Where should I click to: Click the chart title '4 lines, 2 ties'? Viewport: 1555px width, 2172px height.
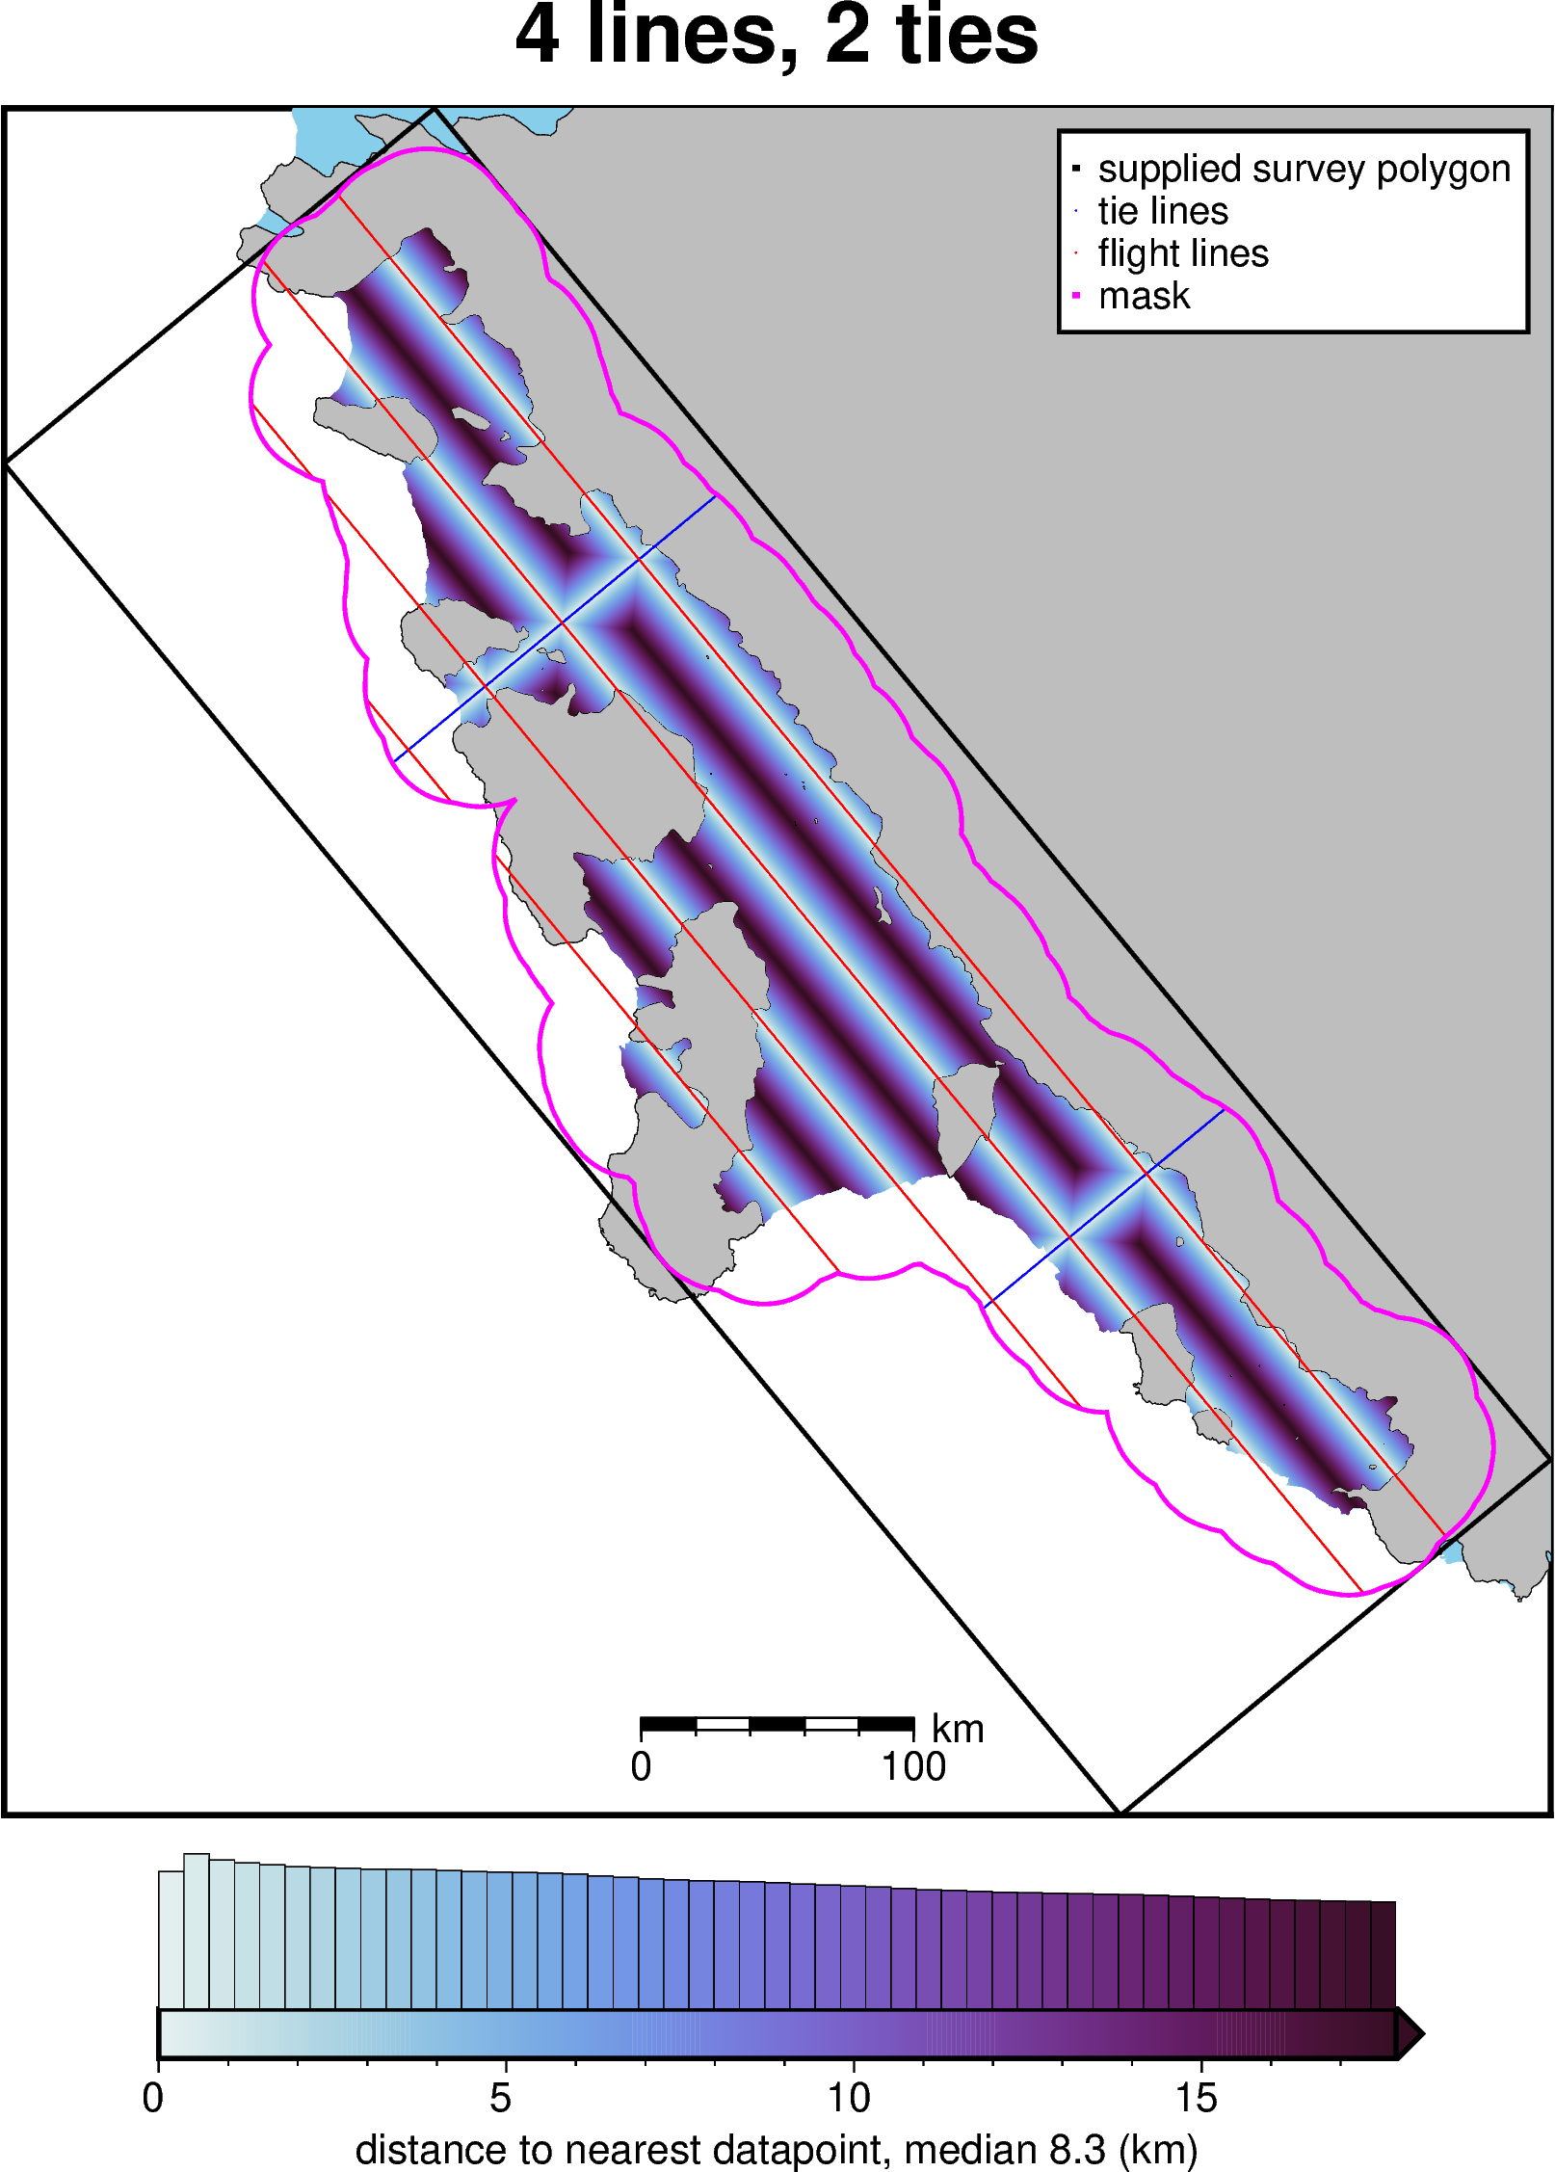(777, 37)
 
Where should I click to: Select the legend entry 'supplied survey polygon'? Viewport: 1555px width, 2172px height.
(1304, 169)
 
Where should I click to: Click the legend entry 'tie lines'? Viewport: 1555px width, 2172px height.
(1163, 211)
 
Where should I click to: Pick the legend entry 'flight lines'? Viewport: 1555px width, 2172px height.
(1183, 253)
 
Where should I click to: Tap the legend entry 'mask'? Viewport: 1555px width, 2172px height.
(1144, 296)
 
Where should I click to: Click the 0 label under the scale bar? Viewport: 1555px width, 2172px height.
(641, 1767)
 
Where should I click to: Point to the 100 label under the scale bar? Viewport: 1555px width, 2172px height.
(913, 1767)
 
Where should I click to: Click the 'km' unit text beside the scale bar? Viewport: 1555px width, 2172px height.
(957, 1730)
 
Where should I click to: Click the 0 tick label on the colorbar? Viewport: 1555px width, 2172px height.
(153, 2098)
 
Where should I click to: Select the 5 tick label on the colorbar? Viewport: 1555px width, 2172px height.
(500, 2098)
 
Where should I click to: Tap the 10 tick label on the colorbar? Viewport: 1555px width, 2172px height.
(849, 2098)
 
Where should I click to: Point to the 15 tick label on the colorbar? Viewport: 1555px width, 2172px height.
(1197, 2098)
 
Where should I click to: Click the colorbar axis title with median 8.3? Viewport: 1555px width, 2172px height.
(777, 2150)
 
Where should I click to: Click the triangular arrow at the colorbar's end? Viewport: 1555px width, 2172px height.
(1409, 2034)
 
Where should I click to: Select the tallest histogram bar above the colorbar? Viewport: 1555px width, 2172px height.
(197, 1931)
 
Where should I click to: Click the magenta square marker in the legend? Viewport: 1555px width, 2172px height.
(1076, 296)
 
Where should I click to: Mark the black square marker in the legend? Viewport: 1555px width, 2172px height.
(1076, 169)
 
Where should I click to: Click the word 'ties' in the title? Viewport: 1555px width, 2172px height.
(966, 37)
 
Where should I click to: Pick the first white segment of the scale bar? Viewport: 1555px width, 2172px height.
(723, 1724)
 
